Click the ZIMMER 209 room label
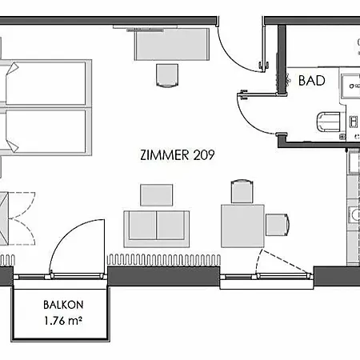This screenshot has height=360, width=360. [x=178, y=155]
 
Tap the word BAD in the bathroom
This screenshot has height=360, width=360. [x=312, y=81]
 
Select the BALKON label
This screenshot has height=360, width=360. [x=63, y=305]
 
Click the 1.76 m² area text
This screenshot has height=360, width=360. [x=63, y=321]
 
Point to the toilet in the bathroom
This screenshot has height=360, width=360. [x=328, y=122]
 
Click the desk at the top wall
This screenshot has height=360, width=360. [x=172, y=44]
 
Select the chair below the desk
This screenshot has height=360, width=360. [x=167, y=75]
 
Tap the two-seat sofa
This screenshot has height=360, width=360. [x=157, y=229]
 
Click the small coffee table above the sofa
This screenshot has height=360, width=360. [x=157, y=195]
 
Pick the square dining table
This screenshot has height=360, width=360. [x=242, y=226]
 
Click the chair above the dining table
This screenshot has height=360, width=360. [x=242, y=191]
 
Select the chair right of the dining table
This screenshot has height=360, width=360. [x=278, y=225]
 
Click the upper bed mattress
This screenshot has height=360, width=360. [x=46, y=83]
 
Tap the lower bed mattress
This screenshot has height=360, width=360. [x=46, y=131]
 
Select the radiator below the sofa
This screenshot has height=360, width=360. [x=164, y=260]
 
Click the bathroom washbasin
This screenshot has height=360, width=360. [x=350, y=86]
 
